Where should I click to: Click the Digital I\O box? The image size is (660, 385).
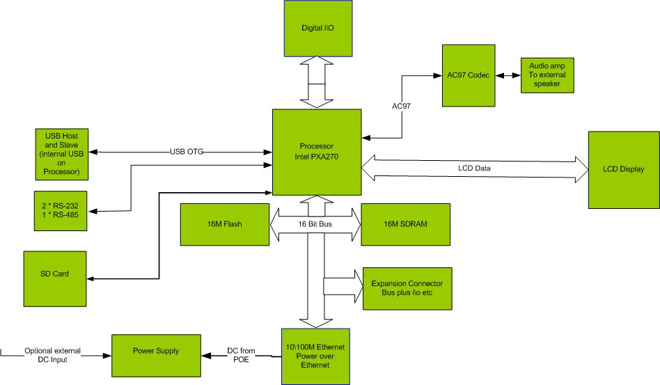pyautogui.click(x=317, y=28)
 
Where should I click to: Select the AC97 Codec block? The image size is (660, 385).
pyautogui.click(x=469, y=75)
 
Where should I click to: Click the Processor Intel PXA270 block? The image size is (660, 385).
pyautogui.click(x=317, y=152)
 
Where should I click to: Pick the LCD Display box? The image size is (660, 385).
pyautogui.click(x=623, y=169)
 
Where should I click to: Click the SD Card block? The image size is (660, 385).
pyautogui.click(x=56, y=274)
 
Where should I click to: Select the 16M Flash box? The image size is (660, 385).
pyautogui.click(x=224, y=224)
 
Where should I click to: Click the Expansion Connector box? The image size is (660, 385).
pyautogui.click(x=407, y=289)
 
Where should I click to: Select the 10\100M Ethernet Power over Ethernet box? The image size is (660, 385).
pyautogui.click(x=315, y=356)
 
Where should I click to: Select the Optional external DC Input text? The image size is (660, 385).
pyautogui.click(x=53, y=355)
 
